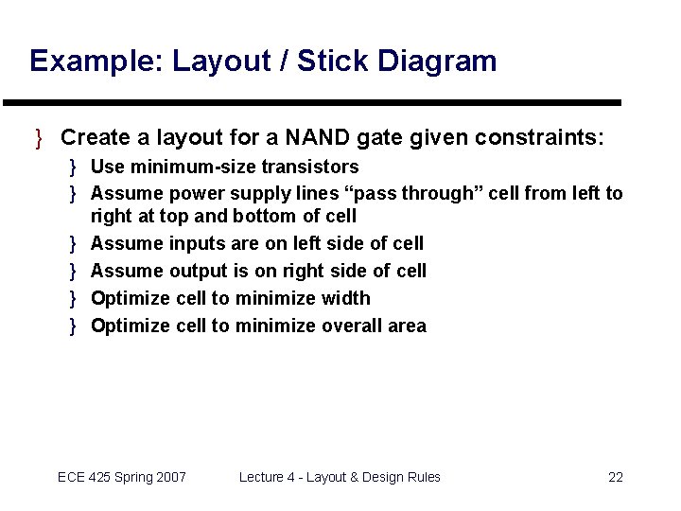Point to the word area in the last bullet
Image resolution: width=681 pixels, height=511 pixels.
[408, 326]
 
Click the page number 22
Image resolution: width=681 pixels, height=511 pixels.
[615, 477]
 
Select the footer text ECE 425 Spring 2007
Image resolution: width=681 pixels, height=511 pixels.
[122, 477]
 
